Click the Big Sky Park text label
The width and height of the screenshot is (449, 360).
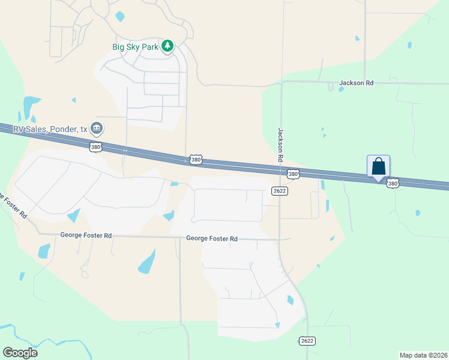136,46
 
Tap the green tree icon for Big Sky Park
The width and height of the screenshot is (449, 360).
167,46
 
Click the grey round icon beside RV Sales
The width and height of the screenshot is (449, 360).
97,128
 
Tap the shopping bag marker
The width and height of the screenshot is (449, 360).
378,166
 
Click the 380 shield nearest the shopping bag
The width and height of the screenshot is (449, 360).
393,184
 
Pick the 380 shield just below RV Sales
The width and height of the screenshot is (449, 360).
95,146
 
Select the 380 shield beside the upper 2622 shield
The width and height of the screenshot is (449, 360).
292,174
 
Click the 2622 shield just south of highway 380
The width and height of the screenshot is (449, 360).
279,191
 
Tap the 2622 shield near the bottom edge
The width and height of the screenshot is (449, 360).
307,341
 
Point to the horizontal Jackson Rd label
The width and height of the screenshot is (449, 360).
356,83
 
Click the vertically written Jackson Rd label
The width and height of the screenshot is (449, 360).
280,145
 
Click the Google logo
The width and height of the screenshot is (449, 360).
20,352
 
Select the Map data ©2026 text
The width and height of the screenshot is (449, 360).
423,355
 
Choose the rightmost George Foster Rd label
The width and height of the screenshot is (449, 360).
212,239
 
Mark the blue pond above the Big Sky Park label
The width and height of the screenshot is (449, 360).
120,17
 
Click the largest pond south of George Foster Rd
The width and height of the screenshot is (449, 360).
146,262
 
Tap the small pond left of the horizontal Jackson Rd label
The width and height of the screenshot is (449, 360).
341,89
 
